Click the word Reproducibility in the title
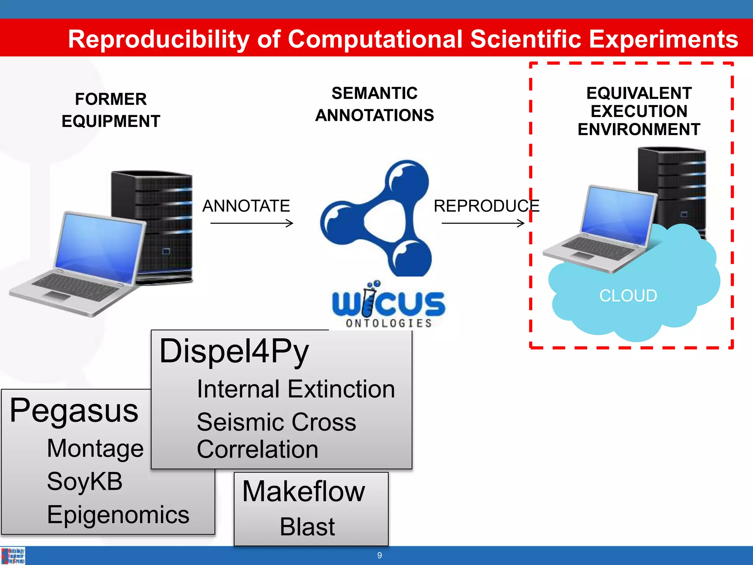pyautogui.click(x=159, y=39)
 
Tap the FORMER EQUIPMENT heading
pyautogui.click(x=111, y=110)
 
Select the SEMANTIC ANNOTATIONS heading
pyautogui.click(x=374, y=104)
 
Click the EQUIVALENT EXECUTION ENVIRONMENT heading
pyautogui.click(x=639, y=111)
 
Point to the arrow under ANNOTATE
pyautogui.click(x=252, y=223)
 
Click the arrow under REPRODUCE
pyautogui.click(x=483, y=223)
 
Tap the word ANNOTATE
pyautogui.click(x=246, y=206)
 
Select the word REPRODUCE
pyautogui.click(x=486, y=206)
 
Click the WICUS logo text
pyautogui.click(x=388, y=303)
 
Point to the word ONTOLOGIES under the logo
pyautogui.click(x=389, y=323)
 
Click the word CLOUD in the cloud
pyautogui.click(x=628, y=296)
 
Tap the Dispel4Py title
pyautogui.click(x=234, y=351)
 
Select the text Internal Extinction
pyautogui.click(x=296, y=389)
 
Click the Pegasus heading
pyautogui.click(x=74, y=411)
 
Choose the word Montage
pyautogui.click(x=95, y=448)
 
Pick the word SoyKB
pyautogui.click(x=85, y=482)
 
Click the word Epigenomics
pyautogui.click(x=118, y=515)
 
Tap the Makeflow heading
pyautogui.click(x=303, y=491)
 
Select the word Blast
pyautogui.click(x=307, y=527)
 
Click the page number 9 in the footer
pyautogui.click(x=379, y=555)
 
